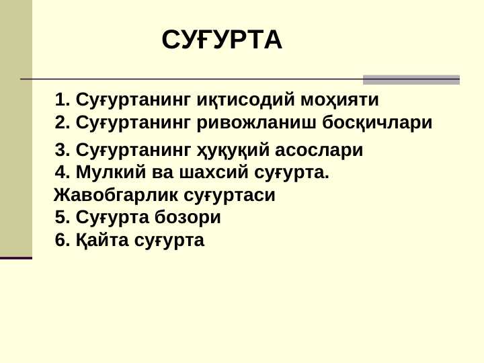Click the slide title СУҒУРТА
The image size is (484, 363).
pos(222,40)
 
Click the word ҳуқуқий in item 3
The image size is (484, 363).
pos(225,150)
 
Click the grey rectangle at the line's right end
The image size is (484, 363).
pos(411,79)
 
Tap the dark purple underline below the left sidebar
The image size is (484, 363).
pos(16,257)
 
